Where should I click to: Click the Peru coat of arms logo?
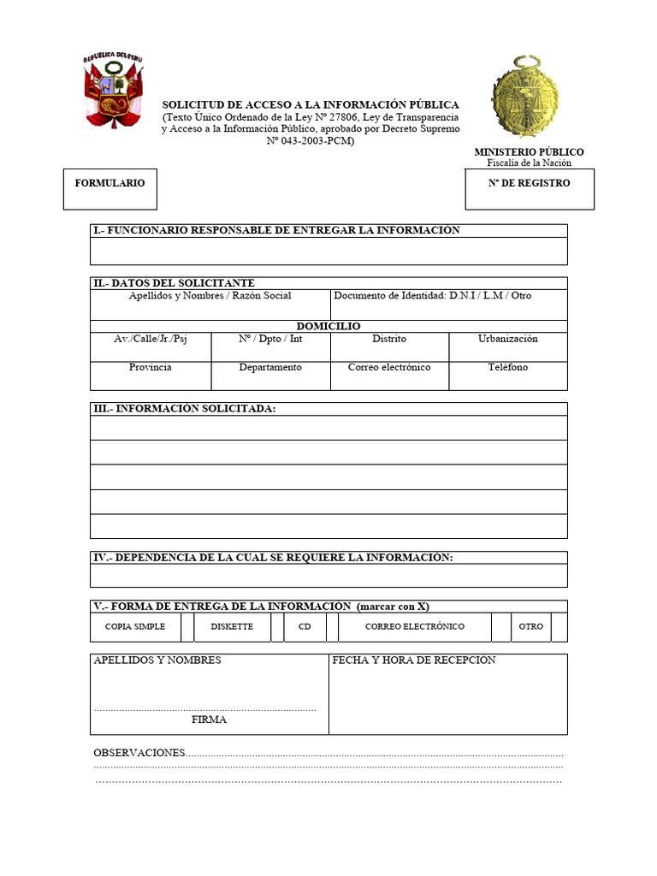point(111,91)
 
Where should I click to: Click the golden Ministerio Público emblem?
point(525,97)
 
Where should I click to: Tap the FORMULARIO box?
point(110,189)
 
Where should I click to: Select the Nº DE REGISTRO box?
point(529,189)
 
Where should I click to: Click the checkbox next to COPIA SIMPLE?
point(187,627)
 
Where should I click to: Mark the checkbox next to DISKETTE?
point(277,627)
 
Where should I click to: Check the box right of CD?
point(332,627)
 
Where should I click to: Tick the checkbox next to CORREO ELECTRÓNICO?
point(501,627)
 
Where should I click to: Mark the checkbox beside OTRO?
point(559,627)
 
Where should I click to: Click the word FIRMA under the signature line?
point(210,720)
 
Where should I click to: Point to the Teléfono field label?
point(508,367)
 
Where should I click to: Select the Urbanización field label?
point(508,339)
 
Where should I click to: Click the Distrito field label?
point(389,339)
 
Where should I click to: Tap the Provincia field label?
point(151,367)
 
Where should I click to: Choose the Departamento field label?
point(270,367)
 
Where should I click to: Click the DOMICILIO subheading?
point(328,326)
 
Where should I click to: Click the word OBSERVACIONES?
point(139,753)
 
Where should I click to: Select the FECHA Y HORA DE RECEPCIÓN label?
point(414,660)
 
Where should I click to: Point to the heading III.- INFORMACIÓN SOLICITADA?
point(184,409)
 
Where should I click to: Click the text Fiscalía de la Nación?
point(529,163)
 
